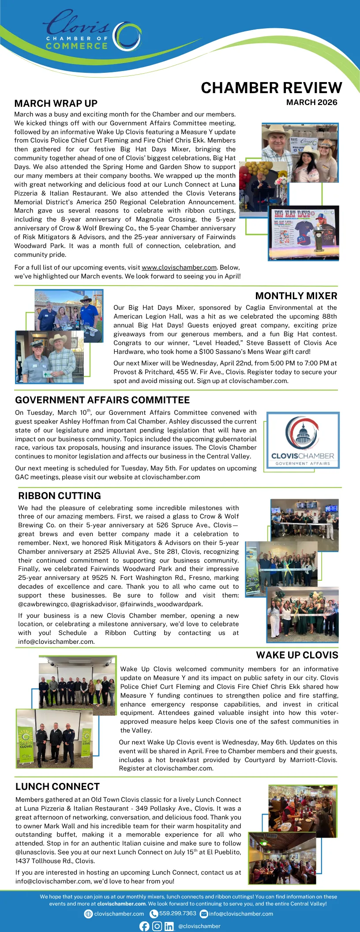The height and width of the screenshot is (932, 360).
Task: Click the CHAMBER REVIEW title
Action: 271,88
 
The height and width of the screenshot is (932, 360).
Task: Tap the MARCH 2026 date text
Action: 311,102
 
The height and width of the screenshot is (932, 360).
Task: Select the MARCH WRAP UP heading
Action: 56,103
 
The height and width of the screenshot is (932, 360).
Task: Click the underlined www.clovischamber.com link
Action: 179,267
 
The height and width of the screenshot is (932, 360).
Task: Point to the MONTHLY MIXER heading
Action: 296,296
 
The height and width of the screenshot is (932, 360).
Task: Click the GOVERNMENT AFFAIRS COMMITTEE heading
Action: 102,400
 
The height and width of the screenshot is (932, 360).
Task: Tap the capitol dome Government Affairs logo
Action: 303,440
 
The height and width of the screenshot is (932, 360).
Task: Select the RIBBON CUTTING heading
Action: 60,496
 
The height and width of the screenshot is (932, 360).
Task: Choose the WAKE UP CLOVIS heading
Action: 297,655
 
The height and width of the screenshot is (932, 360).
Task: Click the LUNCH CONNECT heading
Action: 57,786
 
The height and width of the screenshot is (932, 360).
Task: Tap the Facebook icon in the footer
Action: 144,926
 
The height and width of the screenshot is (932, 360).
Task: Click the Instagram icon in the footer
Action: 157,926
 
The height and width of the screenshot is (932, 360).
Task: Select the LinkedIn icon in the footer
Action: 169,926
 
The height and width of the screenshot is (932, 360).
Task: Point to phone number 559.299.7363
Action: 177,913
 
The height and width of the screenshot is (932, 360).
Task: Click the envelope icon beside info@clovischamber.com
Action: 204,914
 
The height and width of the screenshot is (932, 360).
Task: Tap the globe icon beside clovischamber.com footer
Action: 88,914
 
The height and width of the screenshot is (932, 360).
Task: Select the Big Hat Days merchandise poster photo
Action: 304,233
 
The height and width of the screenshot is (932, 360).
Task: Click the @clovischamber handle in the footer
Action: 199,926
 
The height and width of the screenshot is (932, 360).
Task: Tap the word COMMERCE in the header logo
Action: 76,45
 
